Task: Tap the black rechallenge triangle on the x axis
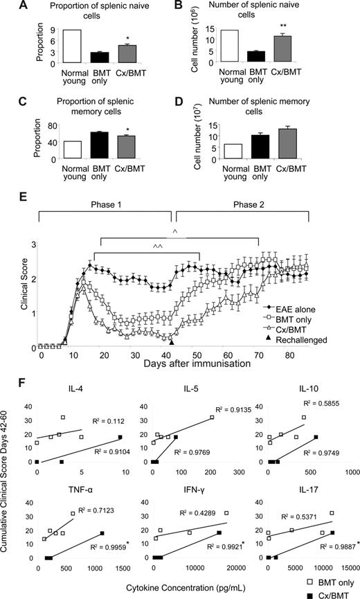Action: tap(172, 342)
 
